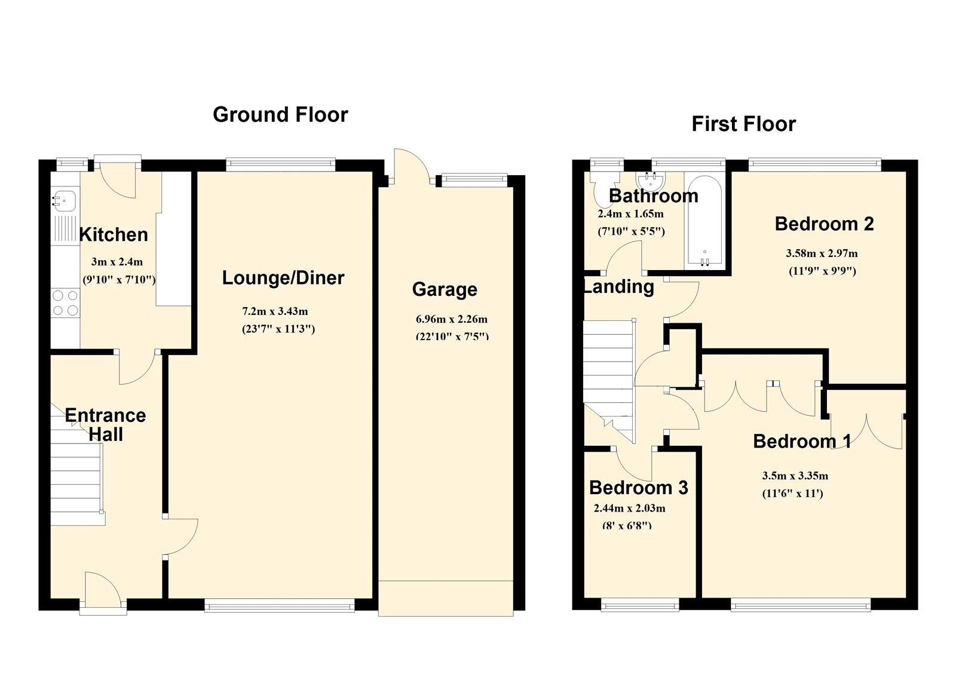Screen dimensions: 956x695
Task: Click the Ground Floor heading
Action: tap(280, 115)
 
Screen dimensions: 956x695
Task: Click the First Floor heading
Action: tap(743, 124)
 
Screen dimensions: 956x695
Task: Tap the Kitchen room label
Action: tap(114, 235)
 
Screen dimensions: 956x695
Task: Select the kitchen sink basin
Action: tap(65, 199)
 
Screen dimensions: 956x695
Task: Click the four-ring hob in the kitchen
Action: tap(66, 303)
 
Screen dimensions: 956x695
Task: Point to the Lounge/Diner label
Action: tap(283, 278)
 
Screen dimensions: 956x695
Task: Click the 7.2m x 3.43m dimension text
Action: tap(275, 311)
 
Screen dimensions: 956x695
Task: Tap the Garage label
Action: tap(445, 289)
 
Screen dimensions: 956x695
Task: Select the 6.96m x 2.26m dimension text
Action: tap(452, 319)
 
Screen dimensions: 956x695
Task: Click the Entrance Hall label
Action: tap(105, 425)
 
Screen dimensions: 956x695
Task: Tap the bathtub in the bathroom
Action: tap(704, 221)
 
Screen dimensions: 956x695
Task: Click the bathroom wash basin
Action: tap(651, 181)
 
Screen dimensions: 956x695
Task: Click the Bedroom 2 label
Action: tap(824, 224)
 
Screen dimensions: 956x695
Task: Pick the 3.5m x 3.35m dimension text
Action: tap(795, 476)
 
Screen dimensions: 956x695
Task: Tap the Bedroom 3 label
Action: tap(639, 488)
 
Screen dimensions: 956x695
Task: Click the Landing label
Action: tap(619, 287)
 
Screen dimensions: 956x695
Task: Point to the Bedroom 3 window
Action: tap(640, 605)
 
